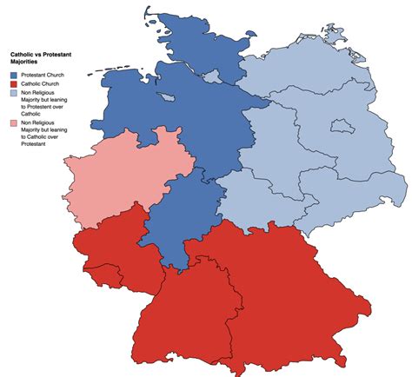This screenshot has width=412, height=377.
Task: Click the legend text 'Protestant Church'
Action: pyautogui.click(x=44, y=76)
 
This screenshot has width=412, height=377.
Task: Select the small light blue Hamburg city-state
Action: pyautogui.click(x=209, y=76)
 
